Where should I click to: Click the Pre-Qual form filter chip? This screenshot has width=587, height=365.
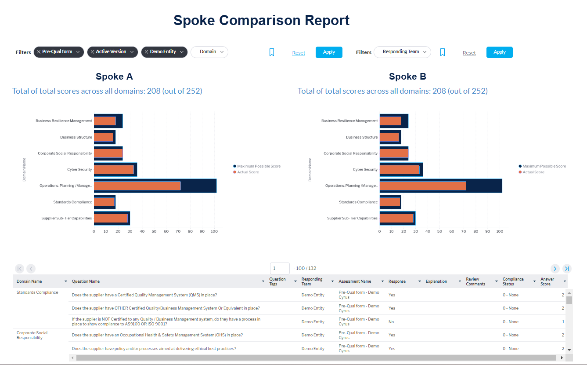click(59, 52)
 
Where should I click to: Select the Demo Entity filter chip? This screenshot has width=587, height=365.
click(164, 52)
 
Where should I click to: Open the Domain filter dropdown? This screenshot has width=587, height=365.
click(209, 52)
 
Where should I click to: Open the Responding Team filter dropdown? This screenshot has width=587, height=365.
click(402, 52)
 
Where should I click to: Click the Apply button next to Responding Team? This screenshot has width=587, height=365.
click(499, 52)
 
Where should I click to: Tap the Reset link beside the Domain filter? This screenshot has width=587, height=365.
click(299, 53)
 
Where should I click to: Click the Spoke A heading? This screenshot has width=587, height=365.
click(114, 77)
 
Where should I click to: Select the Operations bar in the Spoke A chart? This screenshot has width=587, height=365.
click(137, 186)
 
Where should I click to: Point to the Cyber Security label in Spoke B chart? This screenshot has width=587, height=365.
click(365, 169)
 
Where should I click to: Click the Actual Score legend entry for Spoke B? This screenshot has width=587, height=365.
click(533, 172)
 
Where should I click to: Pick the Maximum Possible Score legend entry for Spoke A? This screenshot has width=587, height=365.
click(258, 166)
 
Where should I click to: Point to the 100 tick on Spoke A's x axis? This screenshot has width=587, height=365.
click(214, 231)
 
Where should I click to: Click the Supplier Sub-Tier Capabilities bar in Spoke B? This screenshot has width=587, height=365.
click(396, 218)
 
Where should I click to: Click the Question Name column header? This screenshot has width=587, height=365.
click(86, 281)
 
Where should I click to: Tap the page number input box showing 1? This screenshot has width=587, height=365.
click(280, 268)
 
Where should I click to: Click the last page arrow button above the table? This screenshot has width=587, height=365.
click(567, 268)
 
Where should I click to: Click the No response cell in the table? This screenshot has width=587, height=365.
click(391, 322)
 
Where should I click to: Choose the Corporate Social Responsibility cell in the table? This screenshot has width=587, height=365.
click(32, 335)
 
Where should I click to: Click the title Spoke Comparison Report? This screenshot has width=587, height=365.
click(261, 20)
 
